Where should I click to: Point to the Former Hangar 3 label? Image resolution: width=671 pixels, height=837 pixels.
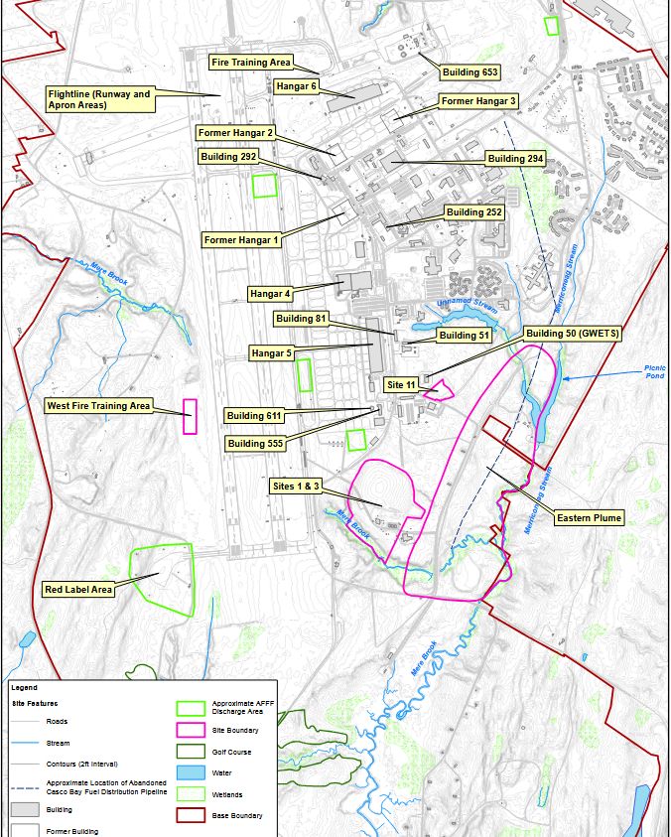tap(478, 101)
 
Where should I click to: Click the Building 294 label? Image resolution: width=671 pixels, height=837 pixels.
tap(514, 159)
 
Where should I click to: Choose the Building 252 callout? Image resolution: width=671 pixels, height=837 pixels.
tap(473, 212)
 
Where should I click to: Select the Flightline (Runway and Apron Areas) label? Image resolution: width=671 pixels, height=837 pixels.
tap(99, 99)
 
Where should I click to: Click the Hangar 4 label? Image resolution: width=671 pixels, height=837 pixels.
tap(271, 294)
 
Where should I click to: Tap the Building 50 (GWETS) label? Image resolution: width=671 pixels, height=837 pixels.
tap(573, 334)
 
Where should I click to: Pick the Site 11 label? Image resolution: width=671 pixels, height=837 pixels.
tap(400, 384)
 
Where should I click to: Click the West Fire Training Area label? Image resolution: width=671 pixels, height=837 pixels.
tap(98, 406)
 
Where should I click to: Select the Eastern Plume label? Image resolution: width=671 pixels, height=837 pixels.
tap(589, 518)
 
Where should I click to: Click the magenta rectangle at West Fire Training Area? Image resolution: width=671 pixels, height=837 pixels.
tap(190, 417)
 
